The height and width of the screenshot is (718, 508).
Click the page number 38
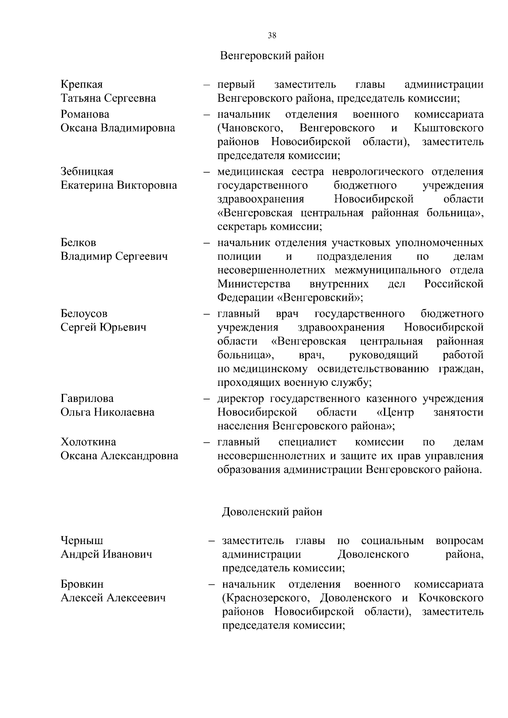[x=272, y=36]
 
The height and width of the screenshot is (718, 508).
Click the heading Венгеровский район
[x=272, y=56]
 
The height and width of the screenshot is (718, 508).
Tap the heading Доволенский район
[x=272, y=512]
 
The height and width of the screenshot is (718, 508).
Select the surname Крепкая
[x=82, y=85]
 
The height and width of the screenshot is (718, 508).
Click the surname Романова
[x=85, y=114]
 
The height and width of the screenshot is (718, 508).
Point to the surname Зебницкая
[x=87, y=172]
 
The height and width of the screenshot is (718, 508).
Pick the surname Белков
[x=78, y=243]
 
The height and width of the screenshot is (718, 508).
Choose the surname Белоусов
[x=84, y=314]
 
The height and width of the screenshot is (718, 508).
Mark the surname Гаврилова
[x=87, y=399]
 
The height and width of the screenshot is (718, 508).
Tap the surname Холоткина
[x=88, y=442]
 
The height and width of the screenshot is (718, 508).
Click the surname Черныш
[x=82, y=541]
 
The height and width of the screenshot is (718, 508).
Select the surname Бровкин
[x=82, y=584]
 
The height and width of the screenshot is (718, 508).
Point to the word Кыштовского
[x=449, y=128]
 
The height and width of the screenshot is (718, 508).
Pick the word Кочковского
[x=451, y=598]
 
